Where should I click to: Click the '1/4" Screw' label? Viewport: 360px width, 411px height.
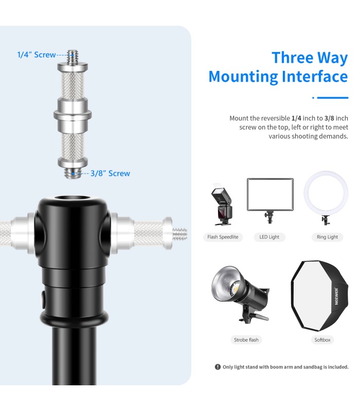(x=37, y=55)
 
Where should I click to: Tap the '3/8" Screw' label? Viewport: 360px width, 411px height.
(x=110, y=174)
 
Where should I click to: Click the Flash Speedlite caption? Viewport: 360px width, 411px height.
(x=223, y=237)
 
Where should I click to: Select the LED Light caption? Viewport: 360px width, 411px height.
(x=269, y=237)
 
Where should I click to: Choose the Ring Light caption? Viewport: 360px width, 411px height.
(x=327, y=237)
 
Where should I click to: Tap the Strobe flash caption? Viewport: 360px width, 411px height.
(x=246, y=340)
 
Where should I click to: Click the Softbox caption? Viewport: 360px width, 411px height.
(x=322, y=340)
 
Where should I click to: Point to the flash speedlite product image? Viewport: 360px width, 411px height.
(x=222, y=206)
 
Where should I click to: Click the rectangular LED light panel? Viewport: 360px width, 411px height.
(x=270, y=195)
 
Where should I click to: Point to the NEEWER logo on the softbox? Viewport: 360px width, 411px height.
(x=336, y=296)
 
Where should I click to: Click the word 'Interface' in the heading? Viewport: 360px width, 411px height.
(x=315, y=77)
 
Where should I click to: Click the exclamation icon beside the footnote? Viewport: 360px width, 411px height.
(x=218, y=367)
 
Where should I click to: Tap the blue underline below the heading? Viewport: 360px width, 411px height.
(x=333, y=98)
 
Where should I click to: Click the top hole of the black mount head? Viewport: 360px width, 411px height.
(x=71, y=198)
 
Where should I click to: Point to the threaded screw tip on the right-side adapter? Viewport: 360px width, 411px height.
(x=180, y=234)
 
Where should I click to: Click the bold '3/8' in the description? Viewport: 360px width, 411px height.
(x=329, y=118)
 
